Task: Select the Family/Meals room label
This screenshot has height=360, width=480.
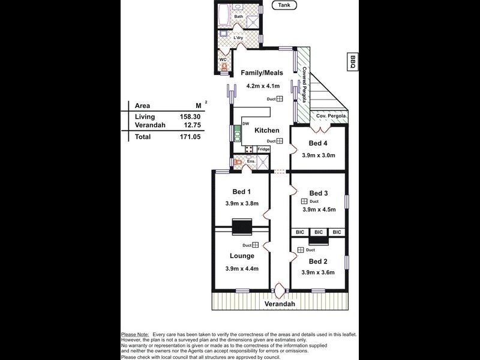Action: tap(262, 73)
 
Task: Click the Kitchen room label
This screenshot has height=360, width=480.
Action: tap(266, 130)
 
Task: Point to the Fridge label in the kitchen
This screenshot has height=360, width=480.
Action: tap(263, 149)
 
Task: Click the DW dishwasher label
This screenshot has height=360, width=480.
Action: tap(245, 124)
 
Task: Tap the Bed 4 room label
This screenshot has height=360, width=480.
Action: tap(319, 143)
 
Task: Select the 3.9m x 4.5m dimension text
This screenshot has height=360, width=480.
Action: tap(319, 209)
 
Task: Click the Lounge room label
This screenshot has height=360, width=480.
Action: tap(242, 256)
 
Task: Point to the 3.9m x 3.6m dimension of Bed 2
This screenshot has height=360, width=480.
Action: tap(319, 272)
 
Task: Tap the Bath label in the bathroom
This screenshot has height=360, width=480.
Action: tap(239, 16)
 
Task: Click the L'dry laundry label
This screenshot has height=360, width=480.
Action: tap(238, 38)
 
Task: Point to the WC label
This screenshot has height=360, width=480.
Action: tap(223, 59)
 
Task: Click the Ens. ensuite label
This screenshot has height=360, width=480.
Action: tap(251, 162)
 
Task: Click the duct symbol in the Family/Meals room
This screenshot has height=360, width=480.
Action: tap(280, 99)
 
